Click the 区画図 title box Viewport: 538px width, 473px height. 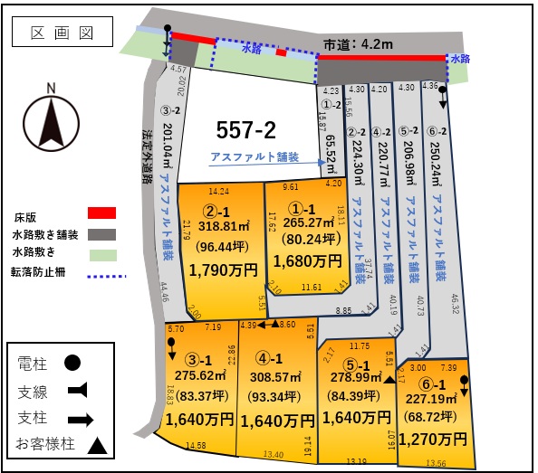pyautogui.click(x=62, y=34)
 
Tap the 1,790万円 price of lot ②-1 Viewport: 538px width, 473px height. pyautogui.click(x=218, y=269)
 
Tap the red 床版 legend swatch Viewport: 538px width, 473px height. pyautogui.click(x=101, y=213)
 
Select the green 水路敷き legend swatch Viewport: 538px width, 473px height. pyautogui.click(x=101, y=252)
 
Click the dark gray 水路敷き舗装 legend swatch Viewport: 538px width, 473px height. pyautogui.click(x=101, y=233)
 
